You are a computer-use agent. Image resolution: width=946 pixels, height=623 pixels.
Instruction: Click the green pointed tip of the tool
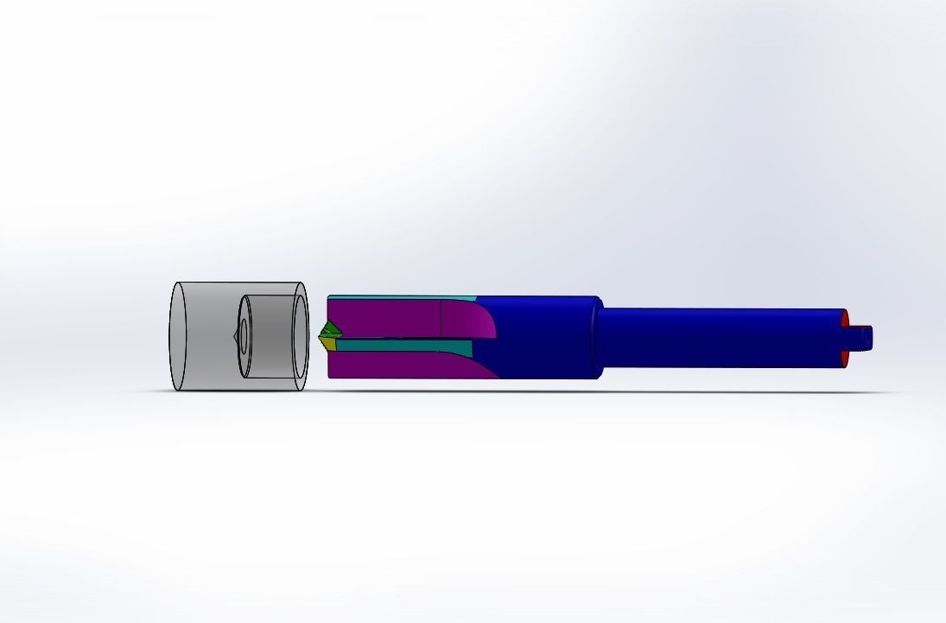pos(327,330)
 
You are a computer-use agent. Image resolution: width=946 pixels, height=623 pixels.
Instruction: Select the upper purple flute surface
pos(389,317)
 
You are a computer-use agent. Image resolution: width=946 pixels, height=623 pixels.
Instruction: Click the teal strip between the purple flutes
pos(406,347)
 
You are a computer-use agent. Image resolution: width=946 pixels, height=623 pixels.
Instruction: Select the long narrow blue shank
pos(717,337)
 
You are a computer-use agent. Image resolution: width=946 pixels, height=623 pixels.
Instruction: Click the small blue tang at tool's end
pos(864,335)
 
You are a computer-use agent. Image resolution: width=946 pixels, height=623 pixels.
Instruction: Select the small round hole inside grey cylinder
pos(243,335)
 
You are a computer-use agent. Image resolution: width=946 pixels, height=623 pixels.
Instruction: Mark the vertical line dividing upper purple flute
pos(441,318)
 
